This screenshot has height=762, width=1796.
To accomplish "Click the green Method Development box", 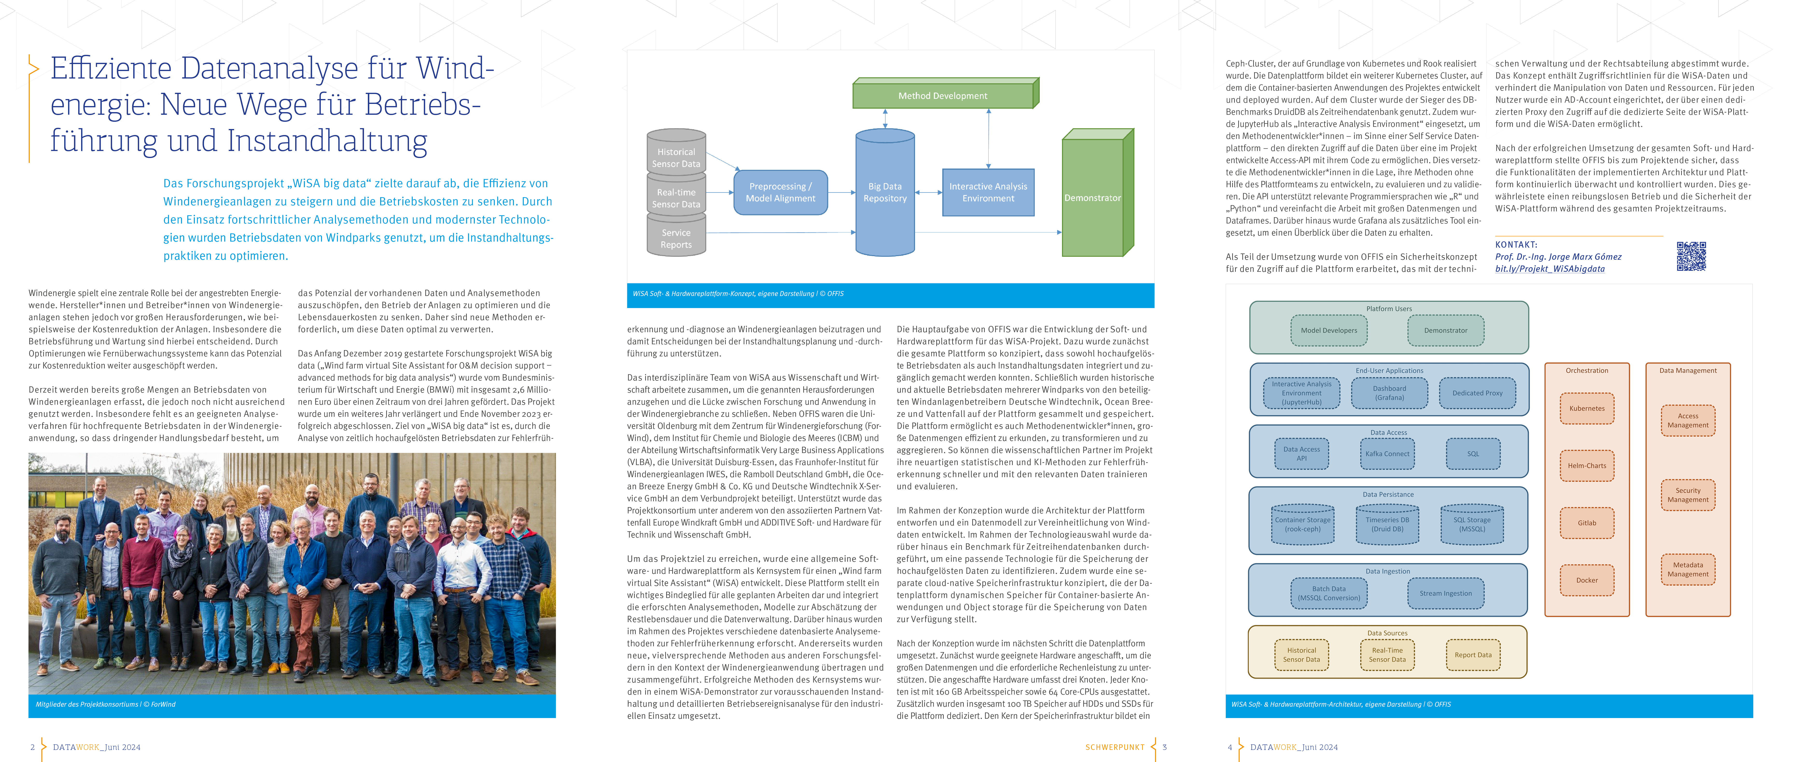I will [943, 96].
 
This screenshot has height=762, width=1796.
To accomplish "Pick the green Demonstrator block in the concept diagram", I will [1092, 197].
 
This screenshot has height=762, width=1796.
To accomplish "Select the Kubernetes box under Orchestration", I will [1587, 408].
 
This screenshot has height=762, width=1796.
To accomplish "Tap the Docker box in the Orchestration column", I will [1587, 580].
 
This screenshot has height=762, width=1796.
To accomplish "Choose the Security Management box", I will [1688, 495].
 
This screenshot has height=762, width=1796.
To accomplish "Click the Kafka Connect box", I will [1387, 453].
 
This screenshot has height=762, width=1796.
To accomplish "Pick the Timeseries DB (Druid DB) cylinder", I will [1387, 525].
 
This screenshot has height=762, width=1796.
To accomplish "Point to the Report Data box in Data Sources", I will [1473, 654].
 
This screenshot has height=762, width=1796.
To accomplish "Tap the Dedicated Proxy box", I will [1477, 393].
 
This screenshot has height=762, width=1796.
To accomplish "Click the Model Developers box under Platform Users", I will [1329, 330].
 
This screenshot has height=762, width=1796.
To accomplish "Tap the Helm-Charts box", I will [1587, 465].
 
